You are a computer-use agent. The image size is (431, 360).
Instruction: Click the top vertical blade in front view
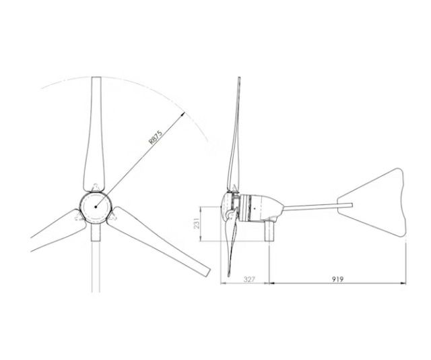point(95,135)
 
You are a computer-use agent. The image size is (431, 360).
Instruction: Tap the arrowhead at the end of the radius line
point(184,115)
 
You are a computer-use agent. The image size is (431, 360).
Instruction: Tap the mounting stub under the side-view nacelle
point(271,233)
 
